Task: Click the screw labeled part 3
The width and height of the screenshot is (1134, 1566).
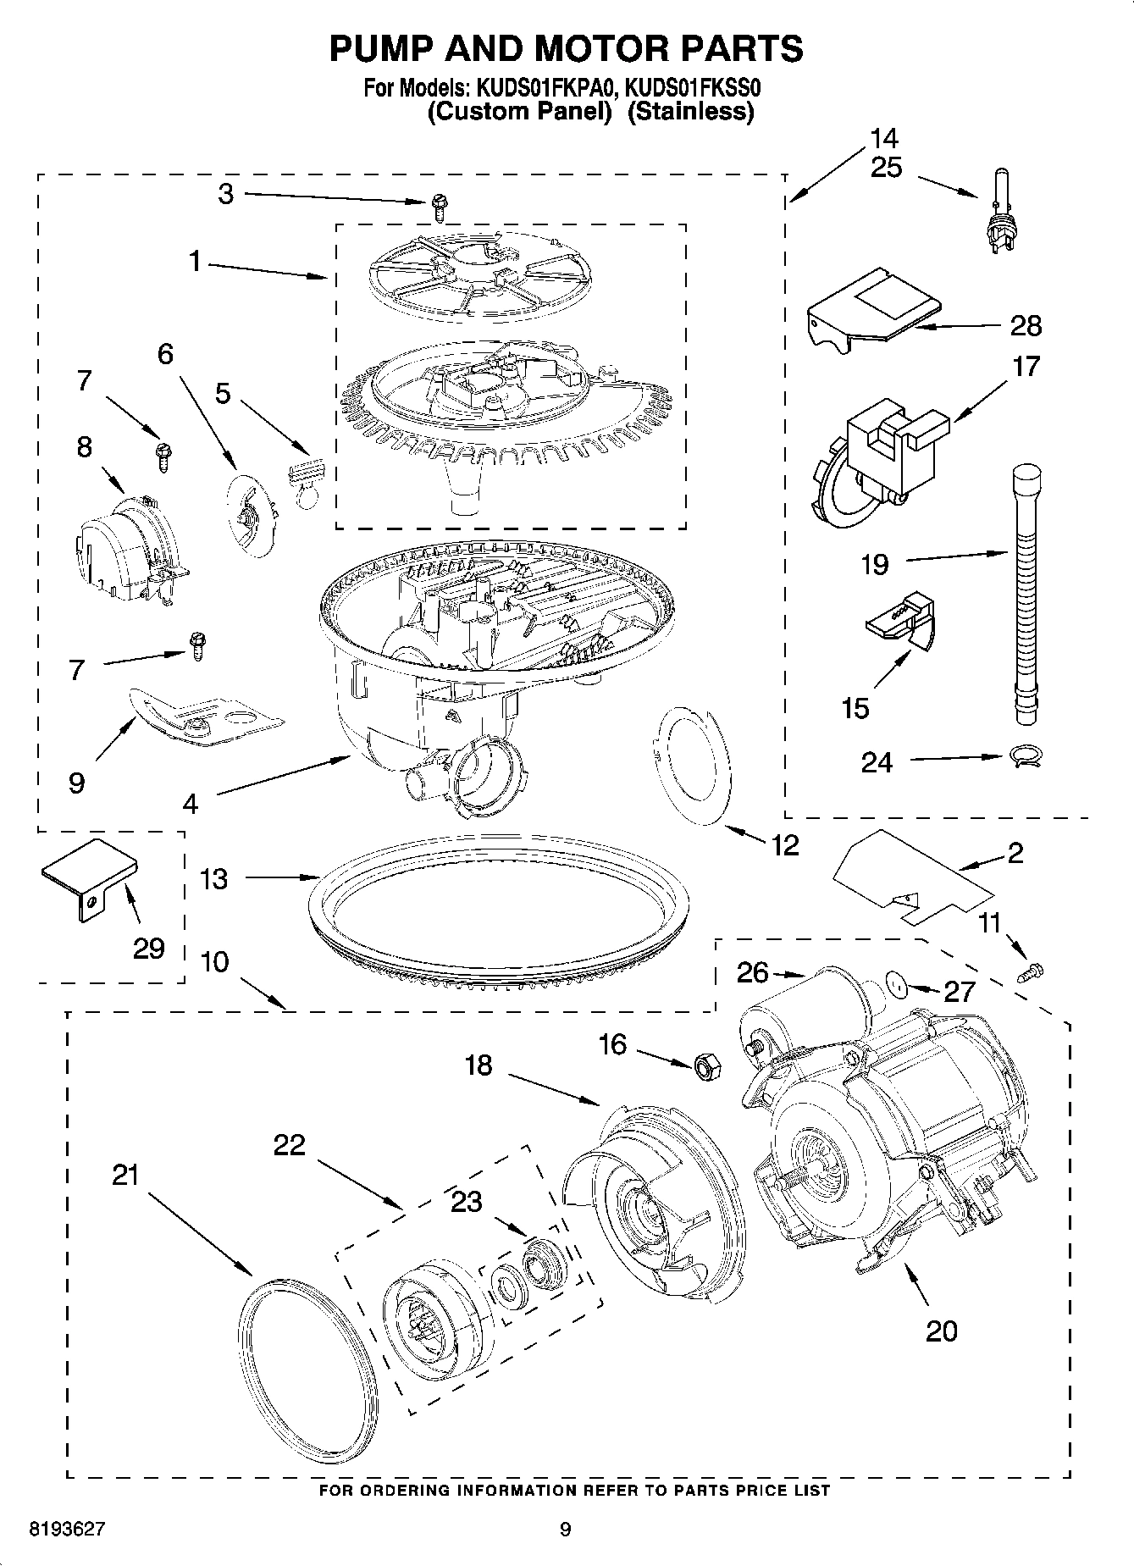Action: point(439,202)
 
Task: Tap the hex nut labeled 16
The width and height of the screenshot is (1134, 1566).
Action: point(706,1065)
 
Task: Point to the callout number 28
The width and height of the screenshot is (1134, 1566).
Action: point(1026,326)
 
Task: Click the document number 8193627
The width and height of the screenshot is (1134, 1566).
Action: point(67,1530)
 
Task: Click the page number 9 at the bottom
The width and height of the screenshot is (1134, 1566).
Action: point(565,1530)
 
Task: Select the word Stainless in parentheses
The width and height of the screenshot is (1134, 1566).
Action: point(690,111)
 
